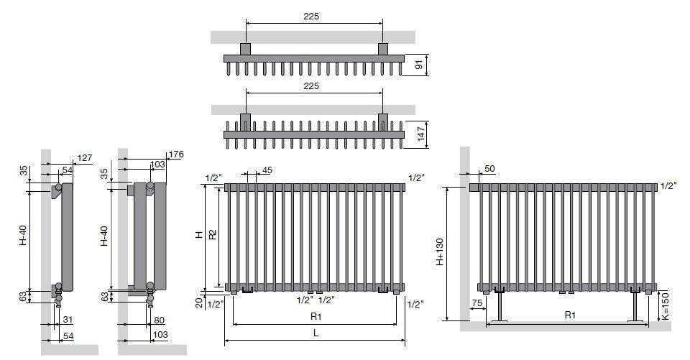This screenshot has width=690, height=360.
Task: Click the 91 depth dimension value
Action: (x=419, y=65)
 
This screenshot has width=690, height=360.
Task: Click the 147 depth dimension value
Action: (x=421, y=134)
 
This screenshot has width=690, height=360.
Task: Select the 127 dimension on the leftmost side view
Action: (x=85, y=157)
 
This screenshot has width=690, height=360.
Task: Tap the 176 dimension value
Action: (x=176, y=154)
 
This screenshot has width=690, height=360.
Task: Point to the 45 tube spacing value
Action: (x=267, y=170)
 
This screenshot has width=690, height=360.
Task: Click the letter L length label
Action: (x=316, y=333)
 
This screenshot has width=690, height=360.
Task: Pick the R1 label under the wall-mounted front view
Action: (x=316, y=316)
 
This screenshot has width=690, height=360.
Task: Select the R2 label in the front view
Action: (x=213, y=234)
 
